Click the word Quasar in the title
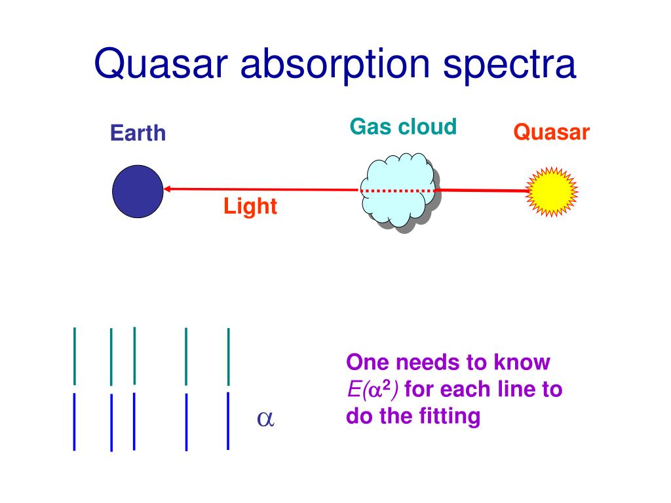pyautogui.click(x=161, y=64)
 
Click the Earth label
pyautogui.click(x=138, y=132)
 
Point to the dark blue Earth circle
pyautogui.click(x=138, y=191)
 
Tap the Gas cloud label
pyautogui.click(x=403, y=126)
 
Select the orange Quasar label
pyautogui.click(x=552, y=132)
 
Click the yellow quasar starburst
pyautogui.click(x=552, y=192)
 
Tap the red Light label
pyautogui.click(x=250, y=206)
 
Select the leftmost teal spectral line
pyautogui.click(x=75, y=356)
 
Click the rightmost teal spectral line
pyautogui.click(x=229, y=357)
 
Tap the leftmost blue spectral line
pyautogui.click(x=75, y=422)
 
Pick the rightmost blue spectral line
pyautogui.click(x=228, y=421)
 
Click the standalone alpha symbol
pyautogui.click(x=265, y=419)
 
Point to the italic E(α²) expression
pyautogui.click(x=373, y=389)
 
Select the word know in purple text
pyautogui.click(x=522, y=362)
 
